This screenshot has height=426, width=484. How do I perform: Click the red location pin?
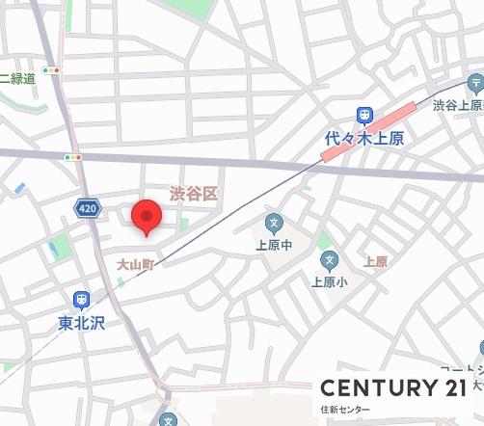pos(146,215)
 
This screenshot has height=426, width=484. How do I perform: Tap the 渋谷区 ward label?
pos(194,194)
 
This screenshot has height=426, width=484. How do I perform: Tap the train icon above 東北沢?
pos(81,300)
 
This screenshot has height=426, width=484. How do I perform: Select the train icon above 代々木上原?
pos(364,115)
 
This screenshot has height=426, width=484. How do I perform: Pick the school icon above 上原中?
pos(273,224)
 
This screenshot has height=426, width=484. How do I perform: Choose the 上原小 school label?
pos(329,282)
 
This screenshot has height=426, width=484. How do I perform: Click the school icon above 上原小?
pos(330,259)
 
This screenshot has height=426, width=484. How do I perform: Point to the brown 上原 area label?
pos(375,261)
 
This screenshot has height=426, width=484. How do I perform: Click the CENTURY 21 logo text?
pos(394,387)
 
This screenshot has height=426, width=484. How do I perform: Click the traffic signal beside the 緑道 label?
pos(51,70)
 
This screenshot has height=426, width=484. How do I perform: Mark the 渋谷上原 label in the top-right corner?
pos(457,104)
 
